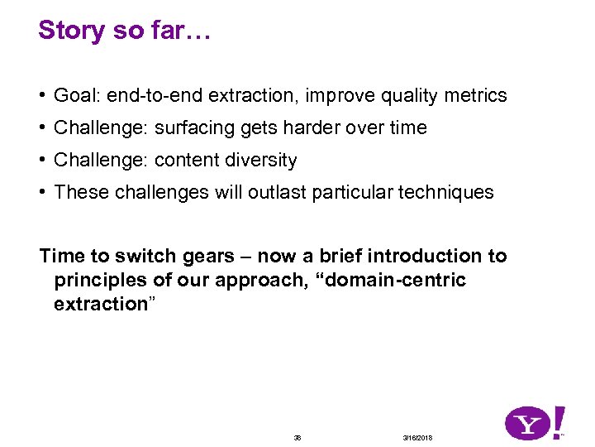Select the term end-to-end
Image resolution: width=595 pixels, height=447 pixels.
155,96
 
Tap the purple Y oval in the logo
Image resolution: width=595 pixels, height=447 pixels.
529,425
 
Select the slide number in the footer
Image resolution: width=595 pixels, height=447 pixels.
297,437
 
